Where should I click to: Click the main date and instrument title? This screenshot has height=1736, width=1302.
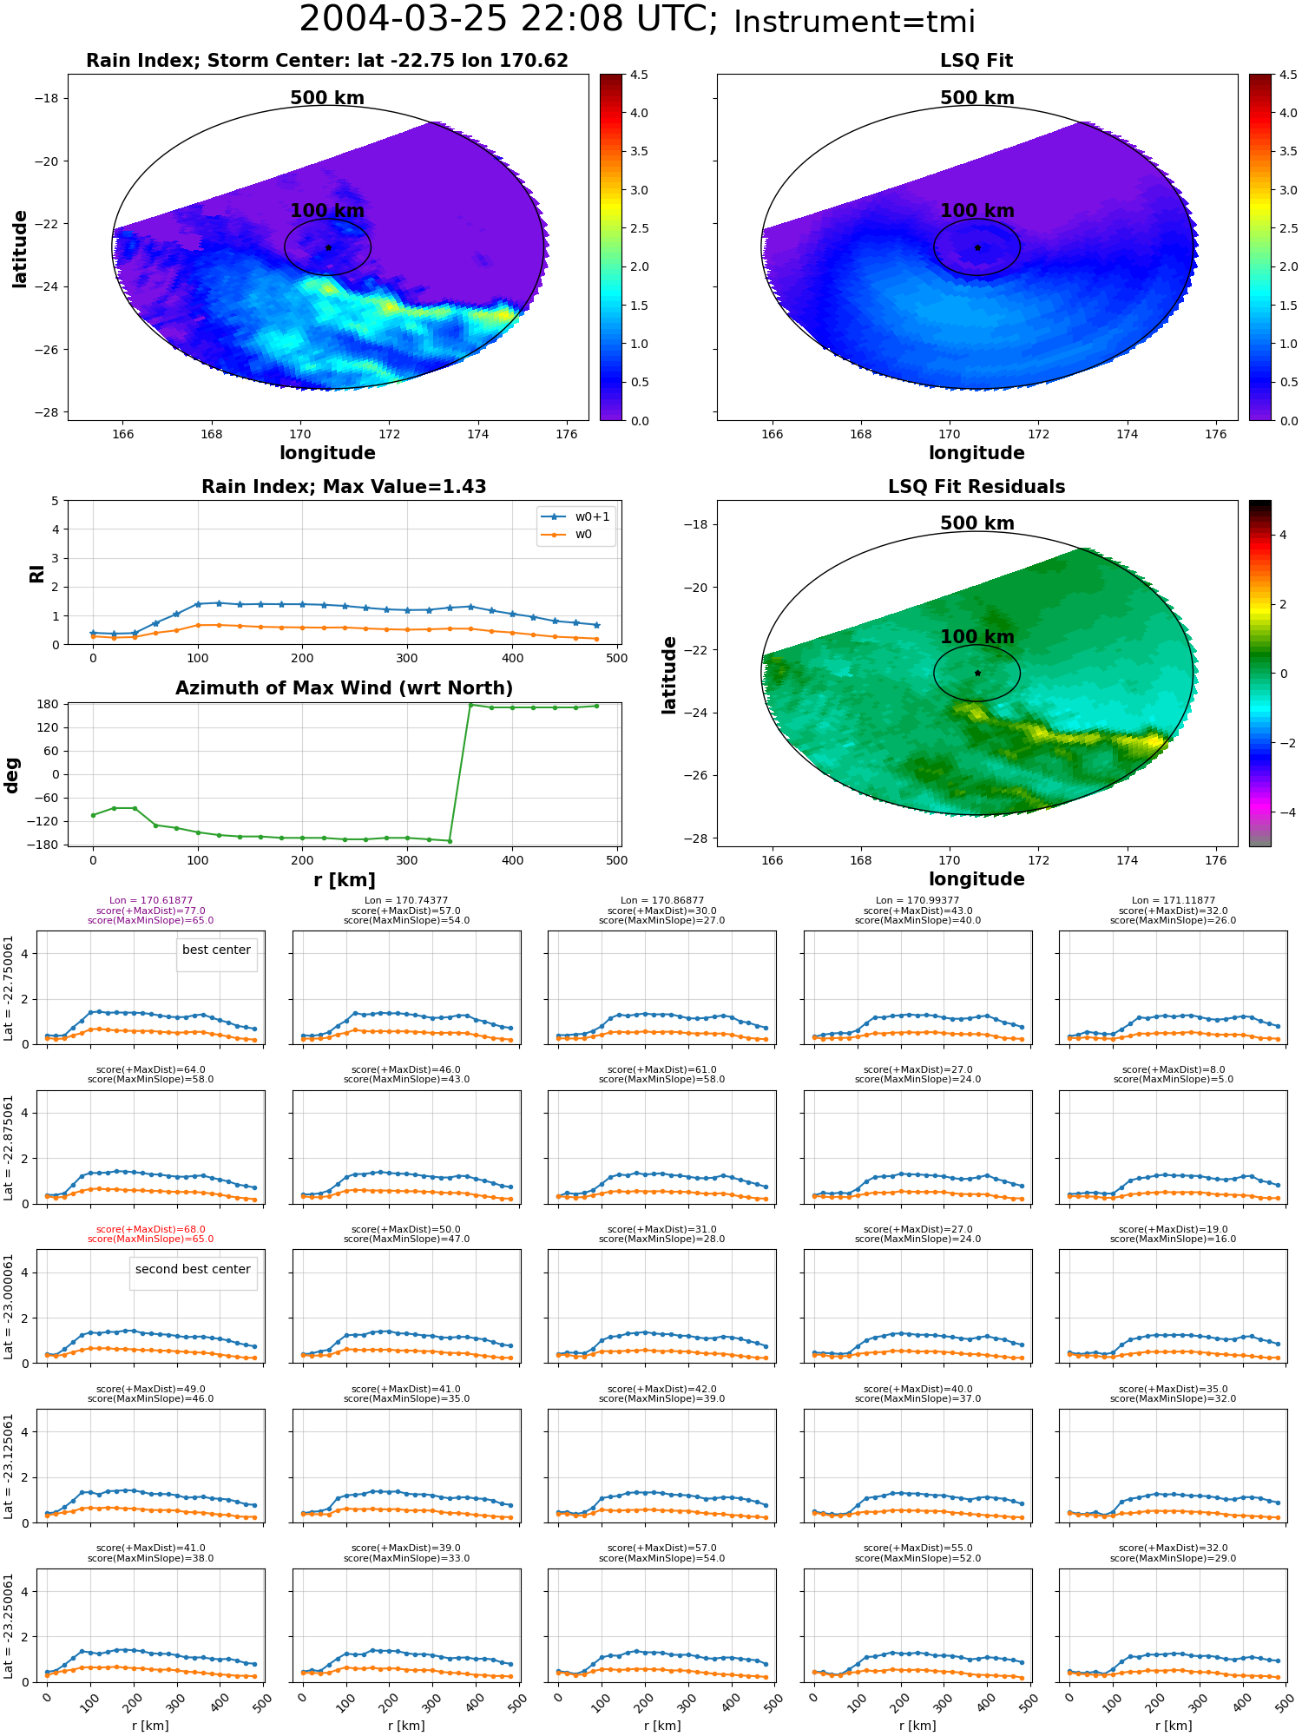tap(637, 20)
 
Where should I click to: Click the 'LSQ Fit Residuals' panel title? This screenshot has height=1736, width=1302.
tap(976, 487)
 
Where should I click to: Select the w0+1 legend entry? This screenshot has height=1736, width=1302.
tap(575, 516)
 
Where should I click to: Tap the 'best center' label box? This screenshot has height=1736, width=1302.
tap(216, 950)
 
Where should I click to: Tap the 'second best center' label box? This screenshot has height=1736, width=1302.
tap(193, 1270)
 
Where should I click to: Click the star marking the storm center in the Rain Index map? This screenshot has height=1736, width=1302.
tap(328, 247)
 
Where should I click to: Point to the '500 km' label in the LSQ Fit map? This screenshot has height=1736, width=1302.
tap(977, 98)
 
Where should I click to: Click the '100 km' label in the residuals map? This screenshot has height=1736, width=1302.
tap(977, 637)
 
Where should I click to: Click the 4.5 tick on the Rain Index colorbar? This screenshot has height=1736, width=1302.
tap(638, 76)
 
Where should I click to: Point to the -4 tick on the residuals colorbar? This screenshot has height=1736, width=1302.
tap(1283, 812)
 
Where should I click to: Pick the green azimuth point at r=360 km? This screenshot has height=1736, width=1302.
tap(470, 705)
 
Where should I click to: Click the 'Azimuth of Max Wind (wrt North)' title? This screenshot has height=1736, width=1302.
tap(344, 688)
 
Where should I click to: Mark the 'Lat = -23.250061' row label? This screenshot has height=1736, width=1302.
tap(9, 1626)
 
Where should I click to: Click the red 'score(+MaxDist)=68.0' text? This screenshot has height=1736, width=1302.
tap(151, 1229)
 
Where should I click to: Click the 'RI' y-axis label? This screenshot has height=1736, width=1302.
tap(36, 573)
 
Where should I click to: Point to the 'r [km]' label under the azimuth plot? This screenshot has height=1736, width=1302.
tap(344, 880)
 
